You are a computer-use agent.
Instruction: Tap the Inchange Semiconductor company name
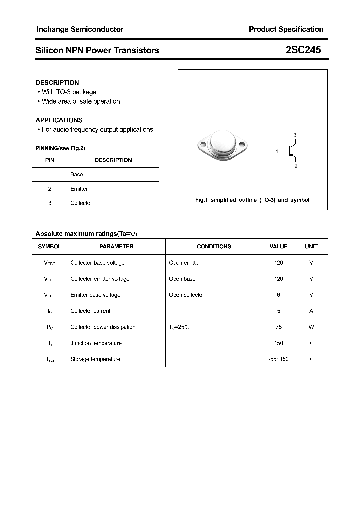coord(80,29)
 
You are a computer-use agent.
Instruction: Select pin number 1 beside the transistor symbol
coord(277,151)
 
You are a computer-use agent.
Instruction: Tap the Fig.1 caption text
coord(252,200)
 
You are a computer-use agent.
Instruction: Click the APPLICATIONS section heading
coord(59,120)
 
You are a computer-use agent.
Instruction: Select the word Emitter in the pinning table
coord(79,189)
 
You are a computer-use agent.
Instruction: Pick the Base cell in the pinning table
coord(76,175)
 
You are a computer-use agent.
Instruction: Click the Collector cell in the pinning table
coord(81,203)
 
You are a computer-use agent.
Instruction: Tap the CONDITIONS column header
coord(214,246)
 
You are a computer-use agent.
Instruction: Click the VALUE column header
coord(278,246)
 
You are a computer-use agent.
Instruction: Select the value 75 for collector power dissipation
coord(278,327)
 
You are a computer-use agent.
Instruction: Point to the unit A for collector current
coord(311,311)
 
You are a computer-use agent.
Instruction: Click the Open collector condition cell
coord(186,295)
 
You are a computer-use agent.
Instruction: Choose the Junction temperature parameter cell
coord(96,343)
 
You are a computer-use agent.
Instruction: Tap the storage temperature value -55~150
coord(278,359)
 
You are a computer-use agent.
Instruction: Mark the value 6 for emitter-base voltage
coord(278,295)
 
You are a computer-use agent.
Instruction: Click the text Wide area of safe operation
coord(81,102)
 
